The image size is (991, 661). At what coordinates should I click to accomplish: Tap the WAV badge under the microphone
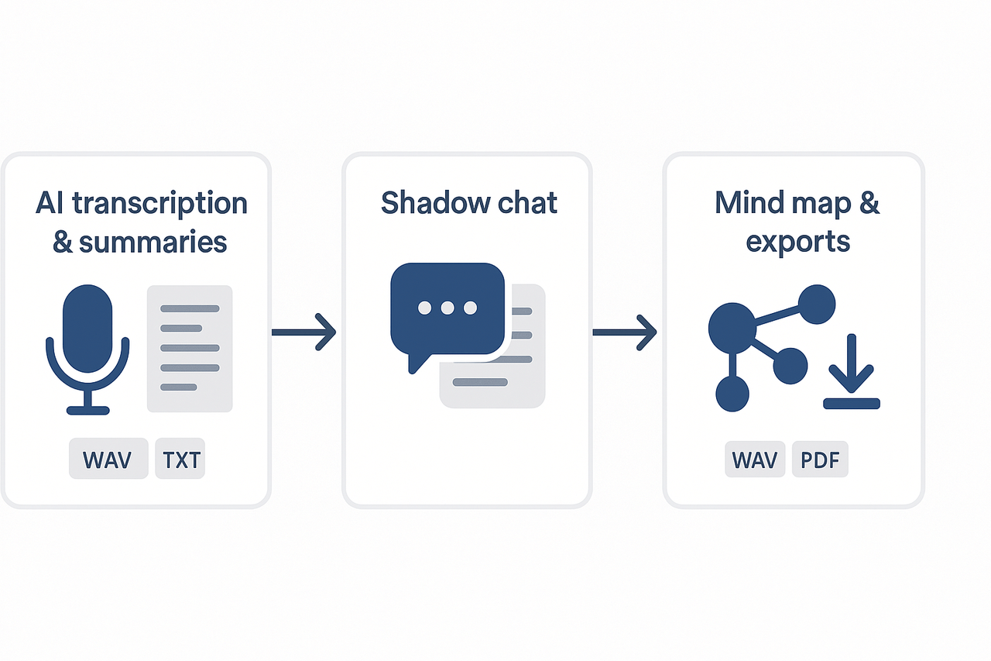click(108, 460)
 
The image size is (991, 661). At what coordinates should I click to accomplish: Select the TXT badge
click(180, 460)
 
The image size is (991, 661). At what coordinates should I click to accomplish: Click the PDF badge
click(820, 460)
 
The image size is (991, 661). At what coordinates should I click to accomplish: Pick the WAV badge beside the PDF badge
click(755, 460)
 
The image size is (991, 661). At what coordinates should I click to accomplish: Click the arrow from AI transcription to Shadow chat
click(303, 332)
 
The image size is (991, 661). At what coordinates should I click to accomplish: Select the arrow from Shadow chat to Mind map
click(624, 332)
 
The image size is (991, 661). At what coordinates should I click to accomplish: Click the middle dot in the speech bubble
click(447, 308)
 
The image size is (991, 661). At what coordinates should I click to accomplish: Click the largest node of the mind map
click(732, 326)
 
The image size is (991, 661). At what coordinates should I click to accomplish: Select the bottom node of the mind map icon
click(732, 394)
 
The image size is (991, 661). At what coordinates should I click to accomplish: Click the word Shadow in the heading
click(431, 203)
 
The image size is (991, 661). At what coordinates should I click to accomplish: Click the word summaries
click(153, 242)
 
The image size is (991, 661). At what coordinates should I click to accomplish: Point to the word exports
click(797, 242)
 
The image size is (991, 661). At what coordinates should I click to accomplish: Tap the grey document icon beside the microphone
click(190, 349)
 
